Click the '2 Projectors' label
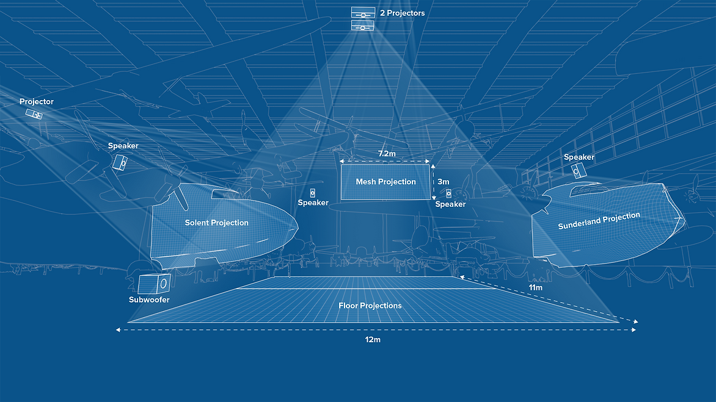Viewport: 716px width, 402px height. click(x=402, y=13)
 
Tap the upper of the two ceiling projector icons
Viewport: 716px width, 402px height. click(x=362, y=13)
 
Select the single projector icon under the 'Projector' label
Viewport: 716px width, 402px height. click(x=34, y=114)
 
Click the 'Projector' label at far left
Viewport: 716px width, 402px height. click(x=37, y=102)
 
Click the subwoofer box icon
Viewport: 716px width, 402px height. click(x=153, y=284)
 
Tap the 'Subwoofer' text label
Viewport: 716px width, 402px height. click(x=149, y=300)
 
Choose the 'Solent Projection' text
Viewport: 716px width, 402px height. click(x=217, y=223)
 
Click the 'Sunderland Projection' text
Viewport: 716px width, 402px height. click(x=599, y=221)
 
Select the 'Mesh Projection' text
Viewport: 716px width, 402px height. click(x=385, y=182)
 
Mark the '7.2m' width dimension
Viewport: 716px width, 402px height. click(x=386, y=154)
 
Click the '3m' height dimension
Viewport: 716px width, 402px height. click(x=444, y=182)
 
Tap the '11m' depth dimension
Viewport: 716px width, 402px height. click(x=536, y=287)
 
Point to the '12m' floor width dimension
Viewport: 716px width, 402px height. click(x=373, y=339)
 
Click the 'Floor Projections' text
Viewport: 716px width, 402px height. click(x=370, y=305)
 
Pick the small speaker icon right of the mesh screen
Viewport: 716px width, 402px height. click(x=448, y=193)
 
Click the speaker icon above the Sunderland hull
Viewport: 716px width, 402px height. click(x=577, y=171)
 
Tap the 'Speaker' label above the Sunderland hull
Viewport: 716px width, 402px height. click(x=579, y=157)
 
